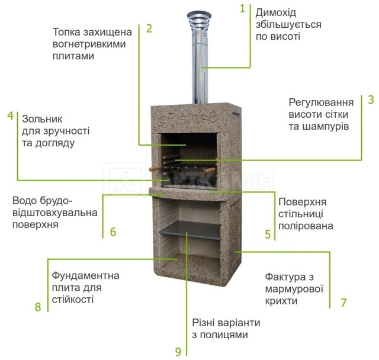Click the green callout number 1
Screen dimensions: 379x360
point(243,8)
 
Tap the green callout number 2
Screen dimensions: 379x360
point(149,28)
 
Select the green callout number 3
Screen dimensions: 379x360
point(371,99)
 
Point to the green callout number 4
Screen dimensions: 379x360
point(11,115)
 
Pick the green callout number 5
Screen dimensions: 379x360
point(268,234)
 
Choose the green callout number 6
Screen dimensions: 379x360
point(113,232)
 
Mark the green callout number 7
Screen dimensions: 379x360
point(343,303)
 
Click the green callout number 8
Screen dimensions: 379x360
point(38,307)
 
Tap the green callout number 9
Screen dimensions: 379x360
point(178,352)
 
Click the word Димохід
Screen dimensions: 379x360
point(276,13)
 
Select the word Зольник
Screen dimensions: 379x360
point(42,119)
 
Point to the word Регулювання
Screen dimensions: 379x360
point(321,102)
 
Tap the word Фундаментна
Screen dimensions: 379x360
point(85,276)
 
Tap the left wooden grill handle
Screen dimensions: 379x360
point(155,169)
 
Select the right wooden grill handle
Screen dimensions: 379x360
point(210,171)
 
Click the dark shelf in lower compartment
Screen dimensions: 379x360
point(191,230)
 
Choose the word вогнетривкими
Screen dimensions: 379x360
point(89,44)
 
